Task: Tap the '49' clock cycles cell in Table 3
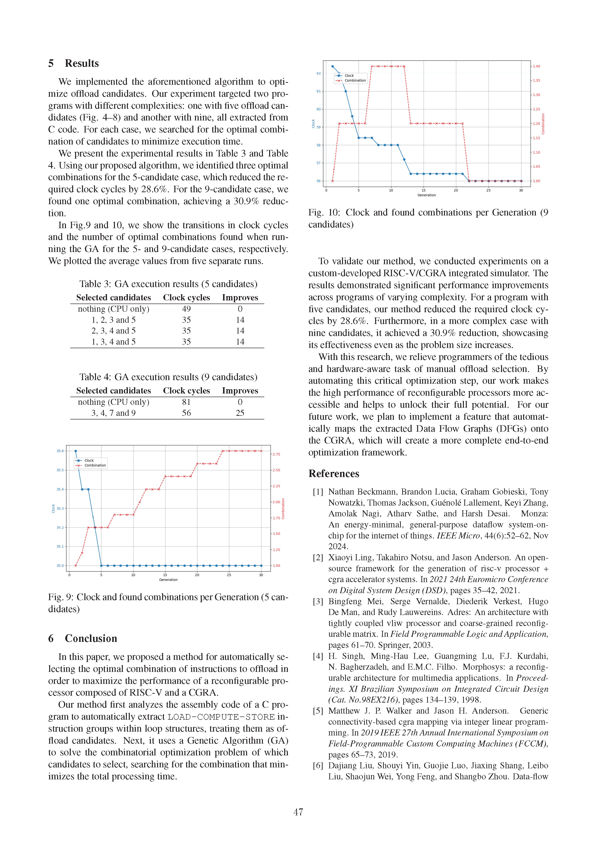pyautogui.click(x=186, y=309)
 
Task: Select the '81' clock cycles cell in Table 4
pyautogui.click(x=186, y=402)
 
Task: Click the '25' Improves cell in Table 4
pyautogui.click(x=240, y=413)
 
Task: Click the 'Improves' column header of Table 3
pyautogui.click(x=240, y=298)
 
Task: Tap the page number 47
pyautogui.click(x=298, y=812)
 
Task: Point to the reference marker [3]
pyautogui.click(x=318, y=602)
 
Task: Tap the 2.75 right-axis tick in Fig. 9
pyautogui.click(x=276, y=454)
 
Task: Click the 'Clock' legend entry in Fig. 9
pyautogui.click(x=89, y=460)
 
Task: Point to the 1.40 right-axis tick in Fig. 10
pyautogui.click(x=536, y=66)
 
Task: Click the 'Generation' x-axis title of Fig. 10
pyautogui.click(x=426, y=195)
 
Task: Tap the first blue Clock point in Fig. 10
pyautogui.click(x=333, y=66)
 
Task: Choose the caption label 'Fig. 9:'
pyautogui.click(x=61, y=597)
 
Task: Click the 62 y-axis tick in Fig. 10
pyautogui.click(x=318, y=73)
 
